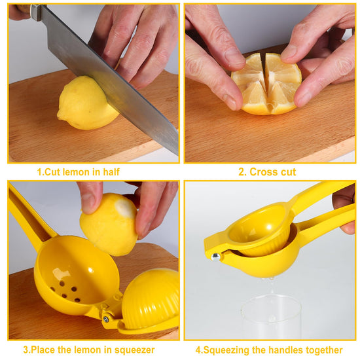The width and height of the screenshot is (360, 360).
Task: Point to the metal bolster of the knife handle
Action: coord(36,12)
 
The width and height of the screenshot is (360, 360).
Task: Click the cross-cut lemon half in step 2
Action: coord(266,84)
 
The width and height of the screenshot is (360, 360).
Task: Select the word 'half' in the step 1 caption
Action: coord(111,172)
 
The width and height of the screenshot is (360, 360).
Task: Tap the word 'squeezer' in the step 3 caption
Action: coord(135,350)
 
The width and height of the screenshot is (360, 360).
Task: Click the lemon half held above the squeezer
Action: coord(109,225)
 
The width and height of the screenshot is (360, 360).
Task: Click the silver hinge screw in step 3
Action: coord(106,319)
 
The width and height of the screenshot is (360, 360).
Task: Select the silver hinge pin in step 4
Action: coord(215,257)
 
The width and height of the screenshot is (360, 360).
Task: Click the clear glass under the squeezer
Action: coord(271,317)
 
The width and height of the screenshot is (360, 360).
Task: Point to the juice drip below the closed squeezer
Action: coord(272,285)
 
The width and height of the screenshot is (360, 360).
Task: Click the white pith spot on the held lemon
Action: coord(124,208)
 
